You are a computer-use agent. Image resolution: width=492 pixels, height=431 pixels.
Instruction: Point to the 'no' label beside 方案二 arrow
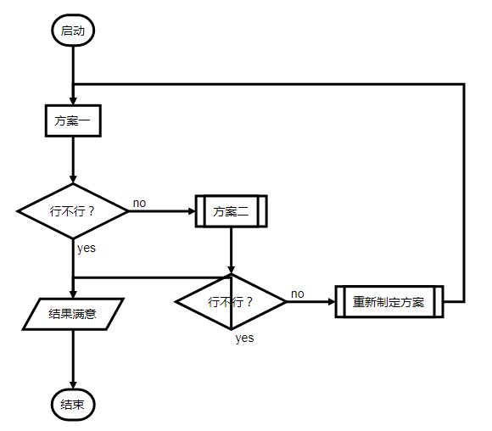[140, 203]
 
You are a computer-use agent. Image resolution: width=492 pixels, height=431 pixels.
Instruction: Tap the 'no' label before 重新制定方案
[298, 294]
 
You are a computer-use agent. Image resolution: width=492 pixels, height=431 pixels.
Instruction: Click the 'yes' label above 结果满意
[87, 249]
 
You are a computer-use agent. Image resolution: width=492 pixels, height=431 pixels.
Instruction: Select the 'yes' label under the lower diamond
[244, 338]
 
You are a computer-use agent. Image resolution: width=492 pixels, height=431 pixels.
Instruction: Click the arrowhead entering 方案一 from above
[73, 101]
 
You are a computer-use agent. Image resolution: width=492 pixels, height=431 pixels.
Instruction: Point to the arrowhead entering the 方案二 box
[191, 211]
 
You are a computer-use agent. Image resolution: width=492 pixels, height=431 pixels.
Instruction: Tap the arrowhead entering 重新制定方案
[332, 302]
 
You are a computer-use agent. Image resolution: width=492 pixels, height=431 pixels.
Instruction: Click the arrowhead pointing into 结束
[73, 384]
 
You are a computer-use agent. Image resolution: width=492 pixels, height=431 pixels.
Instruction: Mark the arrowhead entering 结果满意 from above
[73, 294]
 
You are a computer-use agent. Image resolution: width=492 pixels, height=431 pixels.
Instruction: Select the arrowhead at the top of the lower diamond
[232, 270]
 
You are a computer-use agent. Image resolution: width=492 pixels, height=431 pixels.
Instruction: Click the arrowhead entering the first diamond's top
[73, 180]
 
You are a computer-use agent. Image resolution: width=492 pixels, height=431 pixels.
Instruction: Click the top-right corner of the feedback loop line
[464, 84]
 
